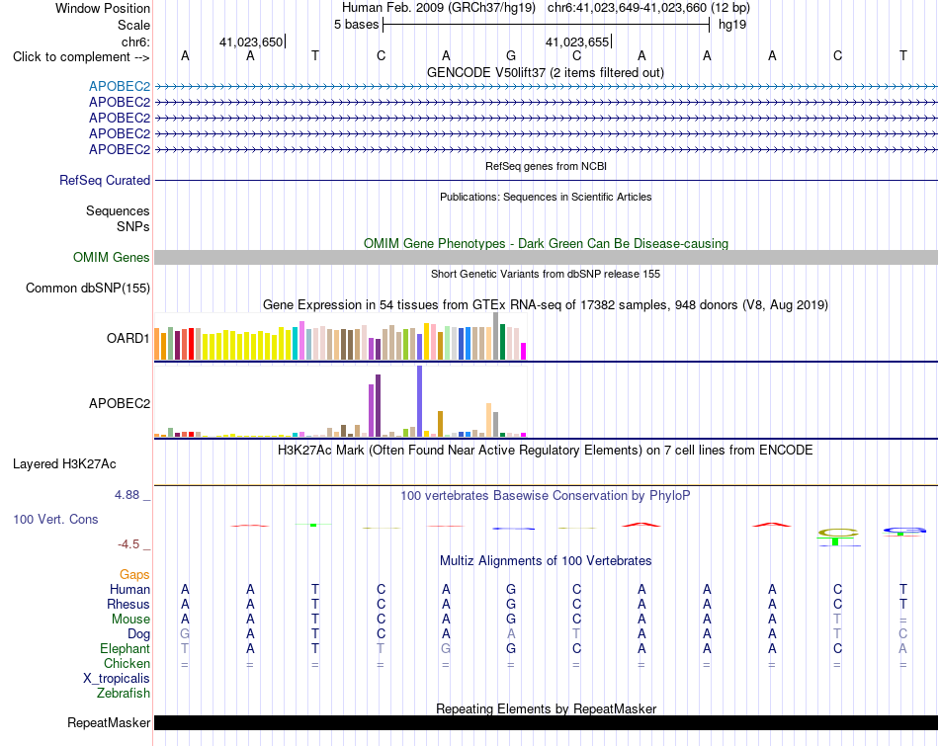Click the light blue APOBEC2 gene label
pyautogui.click(x=120, y=86)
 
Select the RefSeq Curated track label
pyautogui.click(x=105, y=180)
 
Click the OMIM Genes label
pyautogui.click(x=112, y=258)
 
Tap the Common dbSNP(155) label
pyautogui.click(x=88, y=288)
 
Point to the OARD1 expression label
pyautogui.click(x=128, y=338)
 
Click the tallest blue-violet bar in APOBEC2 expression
pyautogui.click(x=420, y=401)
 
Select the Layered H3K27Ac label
pyautogui.click(x=64, y=464)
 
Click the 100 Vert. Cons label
pyautogui.click(x=55, y=519)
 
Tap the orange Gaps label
pyautogui.click(x=134, y=575)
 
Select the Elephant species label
pyautogui.click(x=125, y=649)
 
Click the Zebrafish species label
pyautogui.click(x=124, y=694)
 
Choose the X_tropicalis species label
pyautogui.click(x=117, y=679)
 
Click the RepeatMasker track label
pyautogui.click(x=109, y=722)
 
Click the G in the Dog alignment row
pyautogui.click(x=185, y=633)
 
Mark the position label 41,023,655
pyautogui.click(x=576, y=41)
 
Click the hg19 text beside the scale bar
pyautogui.click(x=732, y=25)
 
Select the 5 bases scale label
pyautogui.click(x=356, y=25)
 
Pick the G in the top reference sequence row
pyautogui.click(x=511, y=55)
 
